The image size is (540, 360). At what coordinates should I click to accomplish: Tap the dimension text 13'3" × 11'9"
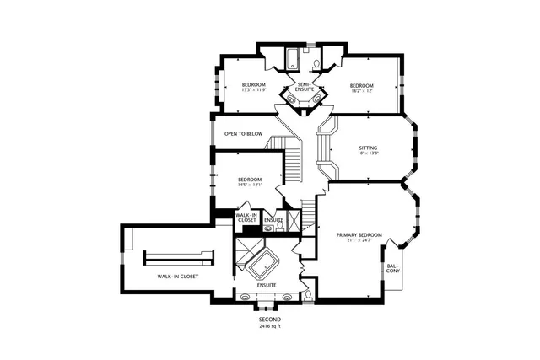click(254, 91)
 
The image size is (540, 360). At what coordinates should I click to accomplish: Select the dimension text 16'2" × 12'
click(361, 91)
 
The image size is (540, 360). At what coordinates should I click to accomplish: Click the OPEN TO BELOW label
click(243, 134)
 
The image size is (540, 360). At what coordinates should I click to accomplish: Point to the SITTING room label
click(368, 148)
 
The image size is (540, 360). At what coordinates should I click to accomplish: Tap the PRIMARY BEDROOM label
click(359, 234)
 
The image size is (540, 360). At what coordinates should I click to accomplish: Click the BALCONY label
click(393, 270)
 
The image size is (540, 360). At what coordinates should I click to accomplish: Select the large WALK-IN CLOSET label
click(177, 276)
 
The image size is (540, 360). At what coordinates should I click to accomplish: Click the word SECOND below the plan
click(269, 320)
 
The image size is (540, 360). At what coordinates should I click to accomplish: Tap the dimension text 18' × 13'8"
click(368, 153)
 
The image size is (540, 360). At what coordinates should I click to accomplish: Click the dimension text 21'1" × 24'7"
click(359, 240)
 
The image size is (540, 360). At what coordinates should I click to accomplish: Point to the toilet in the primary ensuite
click(310, 294)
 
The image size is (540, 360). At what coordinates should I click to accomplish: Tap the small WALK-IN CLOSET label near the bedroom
click(246, 218)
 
